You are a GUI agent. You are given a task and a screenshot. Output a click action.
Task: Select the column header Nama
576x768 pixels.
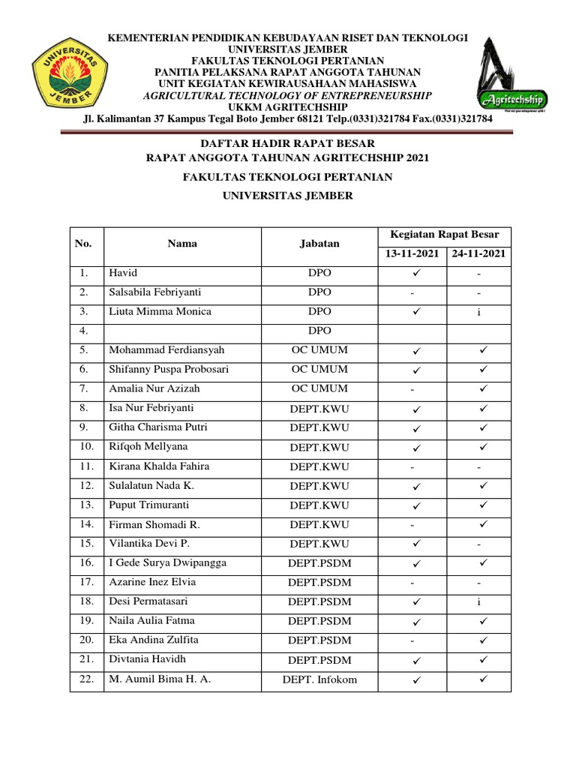pos(182,244)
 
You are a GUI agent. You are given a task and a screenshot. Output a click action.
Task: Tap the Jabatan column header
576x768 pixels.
pos(319,244)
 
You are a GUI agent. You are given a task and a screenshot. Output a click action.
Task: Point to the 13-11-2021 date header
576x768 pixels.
pos(412,254)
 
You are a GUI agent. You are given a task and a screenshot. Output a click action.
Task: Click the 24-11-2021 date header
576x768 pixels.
pos(478,254)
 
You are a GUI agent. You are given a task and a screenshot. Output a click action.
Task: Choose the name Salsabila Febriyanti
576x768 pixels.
pos(154,292)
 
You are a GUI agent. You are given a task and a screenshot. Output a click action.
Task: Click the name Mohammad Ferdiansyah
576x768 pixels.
pos(166,350)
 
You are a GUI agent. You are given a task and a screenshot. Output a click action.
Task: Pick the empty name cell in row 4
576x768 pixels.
pos(182,331)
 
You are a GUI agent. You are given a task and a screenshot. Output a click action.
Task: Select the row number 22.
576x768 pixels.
pos(86,679)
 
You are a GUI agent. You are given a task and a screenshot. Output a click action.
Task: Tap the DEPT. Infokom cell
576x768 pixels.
pos(319,680)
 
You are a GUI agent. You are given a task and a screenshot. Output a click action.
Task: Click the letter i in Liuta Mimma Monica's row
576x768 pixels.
pos(478,312)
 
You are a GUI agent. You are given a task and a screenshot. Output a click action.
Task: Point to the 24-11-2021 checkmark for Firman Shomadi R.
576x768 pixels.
pos(483,524)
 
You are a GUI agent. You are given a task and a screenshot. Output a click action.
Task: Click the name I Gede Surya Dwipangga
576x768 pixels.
pos(167,563)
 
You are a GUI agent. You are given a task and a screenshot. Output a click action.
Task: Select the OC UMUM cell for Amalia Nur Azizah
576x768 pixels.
pos(319,388)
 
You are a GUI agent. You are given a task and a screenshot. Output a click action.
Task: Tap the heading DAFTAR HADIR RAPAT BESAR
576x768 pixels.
pos(287,143)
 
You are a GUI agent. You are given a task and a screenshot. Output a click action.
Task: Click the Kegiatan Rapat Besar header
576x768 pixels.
pos(445,235)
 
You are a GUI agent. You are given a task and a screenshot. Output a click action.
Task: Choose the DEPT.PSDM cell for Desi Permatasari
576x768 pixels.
pos(319,601)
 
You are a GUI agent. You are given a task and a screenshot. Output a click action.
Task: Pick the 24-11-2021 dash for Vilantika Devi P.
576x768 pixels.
pos(478,544)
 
